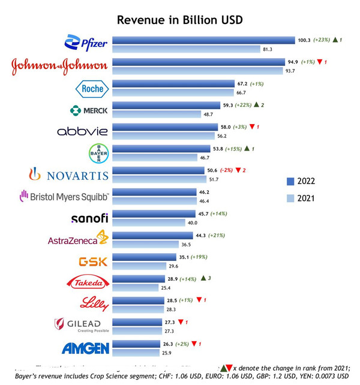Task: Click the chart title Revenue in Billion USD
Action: (179, 20)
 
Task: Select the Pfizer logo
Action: (86, 43)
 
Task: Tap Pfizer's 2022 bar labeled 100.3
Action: (203, 40)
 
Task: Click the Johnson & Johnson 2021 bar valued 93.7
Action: (197, 71)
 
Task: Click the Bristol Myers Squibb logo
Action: (64, 196)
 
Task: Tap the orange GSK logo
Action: (94, 261)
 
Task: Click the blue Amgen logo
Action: (85, 348)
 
